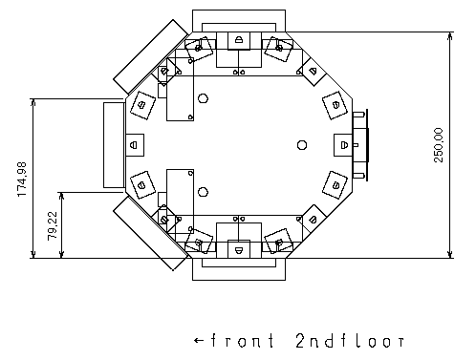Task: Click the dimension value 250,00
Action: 439,145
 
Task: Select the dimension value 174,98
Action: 22,180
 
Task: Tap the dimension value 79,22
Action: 53,226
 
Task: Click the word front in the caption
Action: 243,341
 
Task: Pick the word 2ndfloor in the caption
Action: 350,341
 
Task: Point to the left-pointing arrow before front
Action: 199,341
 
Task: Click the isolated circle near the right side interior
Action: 302,145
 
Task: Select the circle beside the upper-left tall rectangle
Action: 203,98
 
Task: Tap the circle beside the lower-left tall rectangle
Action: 203,192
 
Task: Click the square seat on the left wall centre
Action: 135,145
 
